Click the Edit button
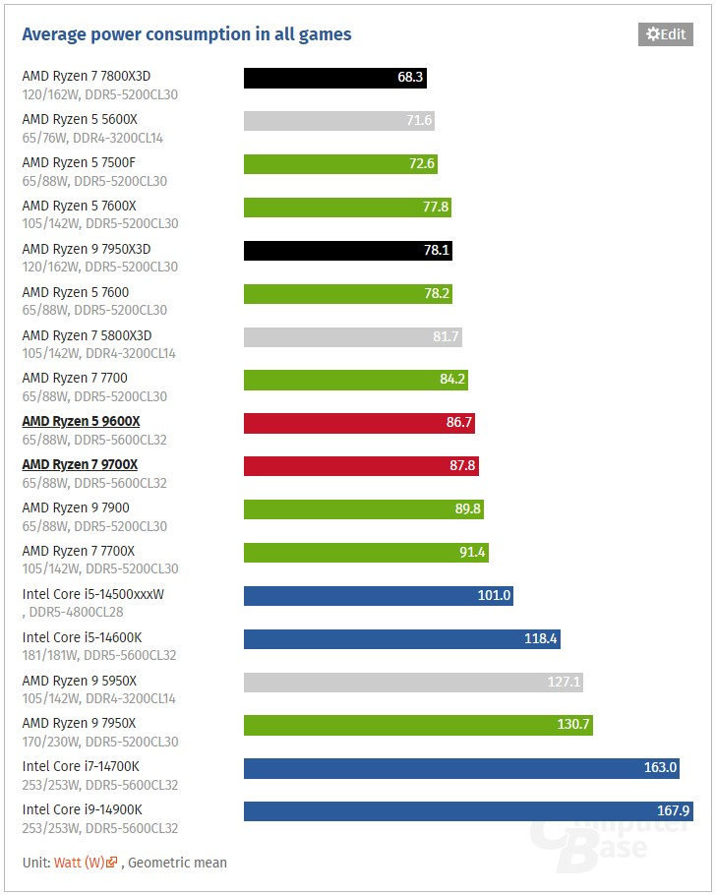coord(665,34)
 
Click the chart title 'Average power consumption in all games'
coord(187,34)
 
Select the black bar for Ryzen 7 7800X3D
coord(334,78)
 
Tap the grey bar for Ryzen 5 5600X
coord(338,121)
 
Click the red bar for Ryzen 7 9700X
coord(361,466)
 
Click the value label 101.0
coord(494,595)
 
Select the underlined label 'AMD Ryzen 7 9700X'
coord(81,464)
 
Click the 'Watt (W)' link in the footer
coord(80,863)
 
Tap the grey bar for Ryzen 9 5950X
coord(413,682)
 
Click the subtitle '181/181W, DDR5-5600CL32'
coord(99,655)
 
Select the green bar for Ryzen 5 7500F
coord(340,164)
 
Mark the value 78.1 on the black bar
coord(437,251)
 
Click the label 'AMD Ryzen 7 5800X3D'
coord(87,335)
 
